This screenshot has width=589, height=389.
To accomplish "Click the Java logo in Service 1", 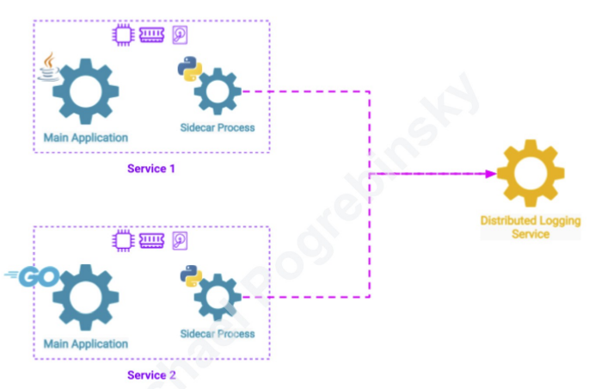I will [x=50, y=66].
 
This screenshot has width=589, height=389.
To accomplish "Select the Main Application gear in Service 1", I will [x=85, y=90].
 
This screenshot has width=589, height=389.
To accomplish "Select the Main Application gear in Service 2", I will [x=85, y=298].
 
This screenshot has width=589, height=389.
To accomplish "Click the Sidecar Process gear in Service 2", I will [x=216, y=298].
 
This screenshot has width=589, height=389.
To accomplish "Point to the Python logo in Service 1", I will [x=189, y=69].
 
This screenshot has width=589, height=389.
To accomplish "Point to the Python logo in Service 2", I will [x=191, y=276].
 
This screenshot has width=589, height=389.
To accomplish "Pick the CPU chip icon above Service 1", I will [x=124, y=35].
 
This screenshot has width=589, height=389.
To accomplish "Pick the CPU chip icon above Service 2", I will [x=124, y=240].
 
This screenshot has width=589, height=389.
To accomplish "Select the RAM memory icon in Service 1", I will [x=152, y=35].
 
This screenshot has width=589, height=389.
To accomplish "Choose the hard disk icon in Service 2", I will [x=181, y=241].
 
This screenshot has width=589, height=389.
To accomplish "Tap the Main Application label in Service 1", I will [x=85, y=138].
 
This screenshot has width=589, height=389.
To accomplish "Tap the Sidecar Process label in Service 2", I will [x=217, y=333].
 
